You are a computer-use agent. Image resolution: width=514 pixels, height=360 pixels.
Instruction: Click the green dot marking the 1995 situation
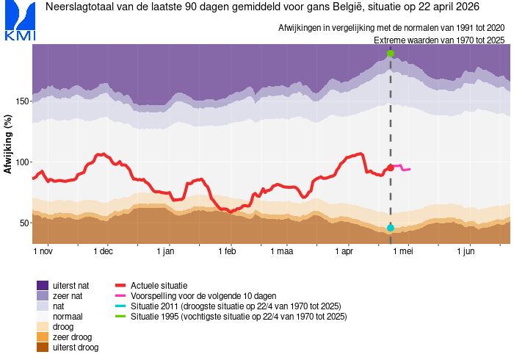(391, 54)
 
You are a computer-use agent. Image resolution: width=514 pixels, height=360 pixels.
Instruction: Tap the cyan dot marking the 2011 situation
(391, 228)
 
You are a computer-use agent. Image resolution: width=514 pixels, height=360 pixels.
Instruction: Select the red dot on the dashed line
(391, 168)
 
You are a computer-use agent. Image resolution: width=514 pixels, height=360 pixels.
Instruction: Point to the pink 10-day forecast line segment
(401, 168)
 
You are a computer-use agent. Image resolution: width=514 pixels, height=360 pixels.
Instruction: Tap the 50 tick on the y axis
(23, 223)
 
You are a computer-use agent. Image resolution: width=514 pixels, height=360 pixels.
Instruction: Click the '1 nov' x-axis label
(43, 251)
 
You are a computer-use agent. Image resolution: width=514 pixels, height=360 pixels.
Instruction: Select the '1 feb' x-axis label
(226, 251)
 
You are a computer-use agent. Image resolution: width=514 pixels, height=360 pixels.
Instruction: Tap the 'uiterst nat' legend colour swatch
(43, 285)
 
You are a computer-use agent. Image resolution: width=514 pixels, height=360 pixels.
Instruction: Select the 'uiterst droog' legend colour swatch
(43, 347)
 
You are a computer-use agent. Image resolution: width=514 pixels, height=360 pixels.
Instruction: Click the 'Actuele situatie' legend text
(159, 285)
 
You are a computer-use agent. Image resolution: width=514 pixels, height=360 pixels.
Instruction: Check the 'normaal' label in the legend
(72, 316)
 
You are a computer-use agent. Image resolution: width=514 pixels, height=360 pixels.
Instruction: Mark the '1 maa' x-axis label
(281, 251)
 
